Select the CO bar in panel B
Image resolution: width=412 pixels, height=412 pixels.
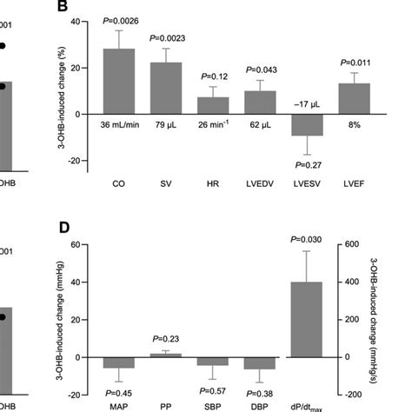click(x=118, y=82)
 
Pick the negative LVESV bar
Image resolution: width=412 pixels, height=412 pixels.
click(x=300, y=124)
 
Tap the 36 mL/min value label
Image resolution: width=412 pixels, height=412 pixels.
click(x=118, y=126)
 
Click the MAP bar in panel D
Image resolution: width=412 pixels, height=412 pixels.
click(x=118, y=363)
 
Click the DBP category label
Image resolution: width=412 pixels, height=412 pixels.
click(x=254, y=405)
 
